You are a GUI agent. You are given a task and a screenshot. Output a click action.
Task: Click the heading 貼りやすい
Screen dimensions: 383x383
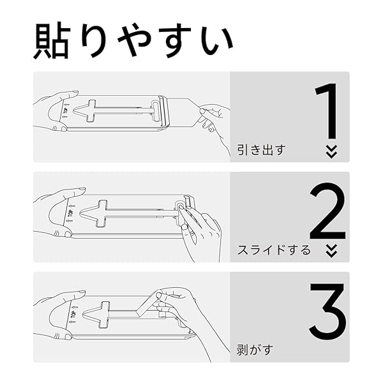(x=133, y=42)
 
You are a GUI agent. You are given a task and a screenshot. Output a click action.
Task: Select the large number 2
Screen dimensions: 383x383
(x=327, y=213)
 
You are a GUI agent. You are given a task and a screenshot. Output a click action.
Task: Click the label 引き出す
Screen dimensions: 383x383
(x=260, y=151)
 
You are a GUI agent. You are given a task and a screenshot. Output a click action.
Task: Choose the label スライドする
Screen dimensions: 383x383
(x=274, y=250)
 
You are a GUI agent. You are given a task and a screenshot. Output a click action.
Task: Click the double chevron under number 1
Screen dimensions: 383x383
(x=331, y=151)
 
